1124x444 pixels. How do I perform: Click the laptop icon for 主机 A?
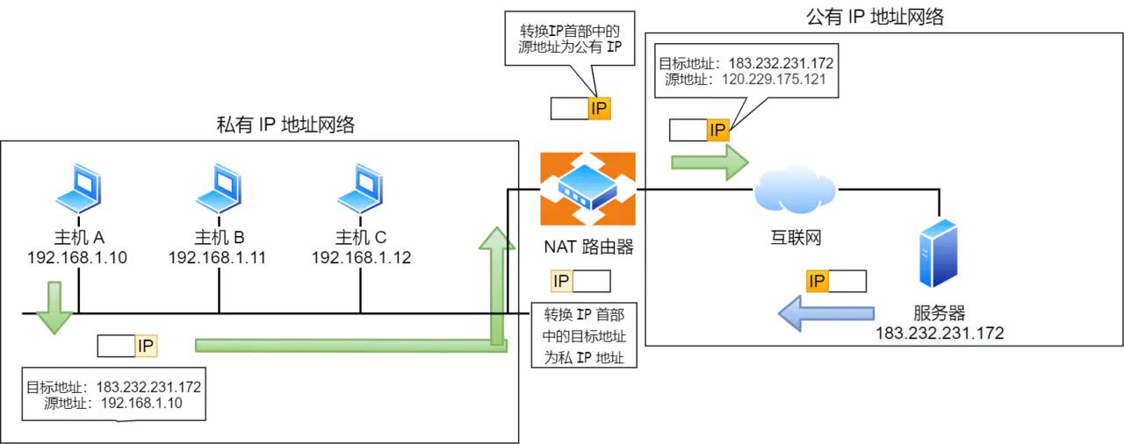click(x=79, y=189)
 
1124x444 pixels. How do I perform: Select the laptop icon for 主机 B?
click(x=220, y=189)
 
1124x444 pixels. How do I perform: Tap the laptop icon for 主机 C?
click(x=361, y=189)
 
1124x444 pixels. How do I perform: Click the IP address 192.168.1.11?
click(x=217, y=258)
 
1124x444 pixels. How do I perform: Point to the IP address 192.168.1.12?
click(x=361, y=258)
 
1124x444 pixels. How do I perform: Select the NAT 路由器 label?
click(x=587, y=247)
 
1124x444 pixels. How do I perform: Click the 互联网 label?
click(x=793, y=237)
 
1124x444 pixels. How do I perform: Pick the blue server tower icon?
click(x=938, y=254)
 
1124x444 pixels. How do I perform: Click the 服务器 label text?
click(x=939, y=313)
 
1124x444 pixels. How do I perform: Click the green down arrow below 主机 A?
click(x=54, y=307)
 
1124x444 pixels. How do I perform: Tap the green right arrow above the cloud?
click(x=710, y=162)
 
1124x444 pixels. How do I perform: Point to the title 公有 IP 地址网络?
click(x=875, y=17)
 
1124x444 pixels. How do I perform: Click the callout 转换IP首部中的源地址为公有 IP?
click(x=570, y=39)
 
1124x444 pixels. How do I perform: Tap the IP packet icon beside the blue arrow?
click(x=836, y=281)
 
